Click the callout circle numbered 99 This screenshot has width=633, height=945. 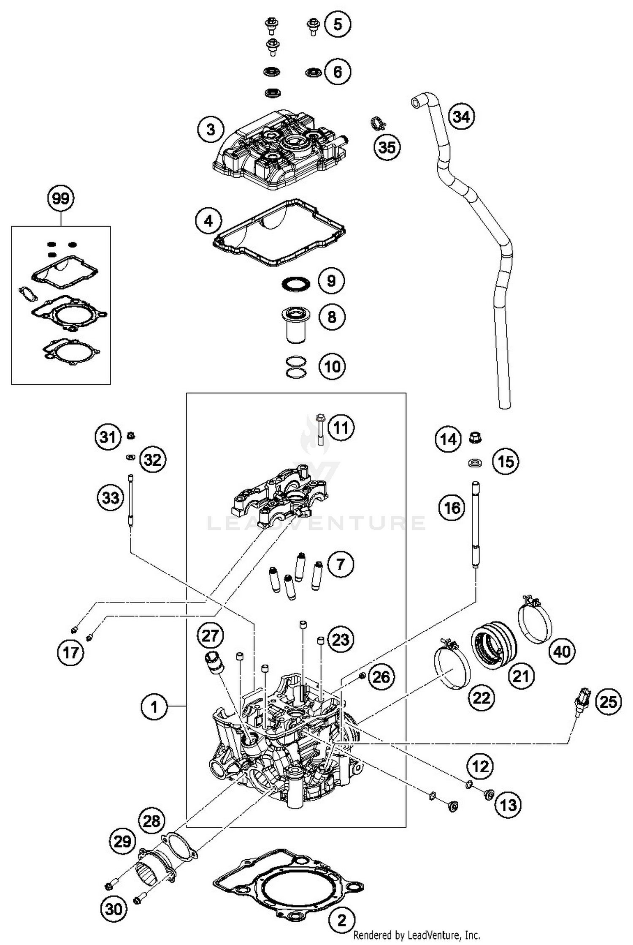(60, 198)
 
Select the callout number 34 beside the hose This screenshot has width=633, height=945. (461, 116)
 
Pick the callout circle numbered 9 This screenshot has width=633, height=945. (331, 281)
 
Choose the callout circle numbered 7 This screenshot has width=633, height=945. (340, 564)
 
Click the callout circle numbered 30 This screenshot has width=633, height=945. (114, 909)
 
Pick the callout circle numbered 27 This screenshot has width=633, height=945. (210, 635)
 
